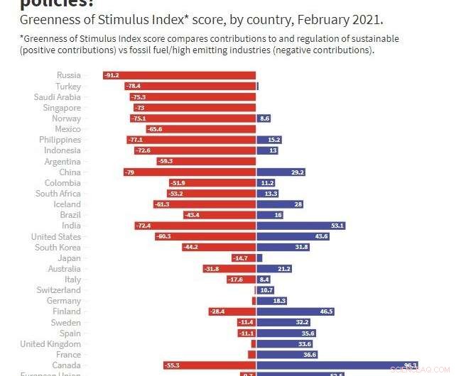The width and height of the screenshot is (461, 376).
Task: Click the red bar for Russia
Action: click(x=179, y=75)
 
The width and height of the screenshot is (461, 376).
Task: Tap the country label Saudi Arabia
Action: click(x=58, y=97)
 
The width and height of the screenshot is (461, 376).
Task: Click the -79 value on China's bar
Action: click(x=129, y=172)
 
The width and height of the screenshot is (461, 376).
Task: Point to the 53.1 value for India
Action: click(x=337, y=226)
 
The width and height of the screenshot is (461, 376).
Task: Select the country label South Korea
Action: click(x=58, y=248)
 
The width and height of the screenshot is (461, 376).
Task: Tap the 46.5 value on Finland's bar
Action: click(x=327, y=311)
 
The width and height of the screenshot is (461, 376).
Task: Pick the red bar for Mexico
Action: click(x=201, y=129)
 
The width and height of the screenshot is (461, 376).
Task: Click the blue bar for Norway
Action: click(x=264, y=118)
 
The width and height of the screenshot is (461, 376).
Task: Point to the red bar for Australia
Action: click(x=229, y=269)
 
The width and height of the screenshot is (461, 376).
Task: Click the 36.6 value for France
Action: click(x=309, y=355)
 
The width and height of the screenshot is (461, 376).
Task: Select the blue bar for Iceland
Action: click(x=280, y=204)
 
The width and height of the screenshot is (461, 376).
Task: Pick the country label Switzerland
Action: click(x=59, y=290)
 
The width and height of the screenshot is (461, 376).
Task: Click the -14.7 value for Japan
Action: click(x=240, y=258)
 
